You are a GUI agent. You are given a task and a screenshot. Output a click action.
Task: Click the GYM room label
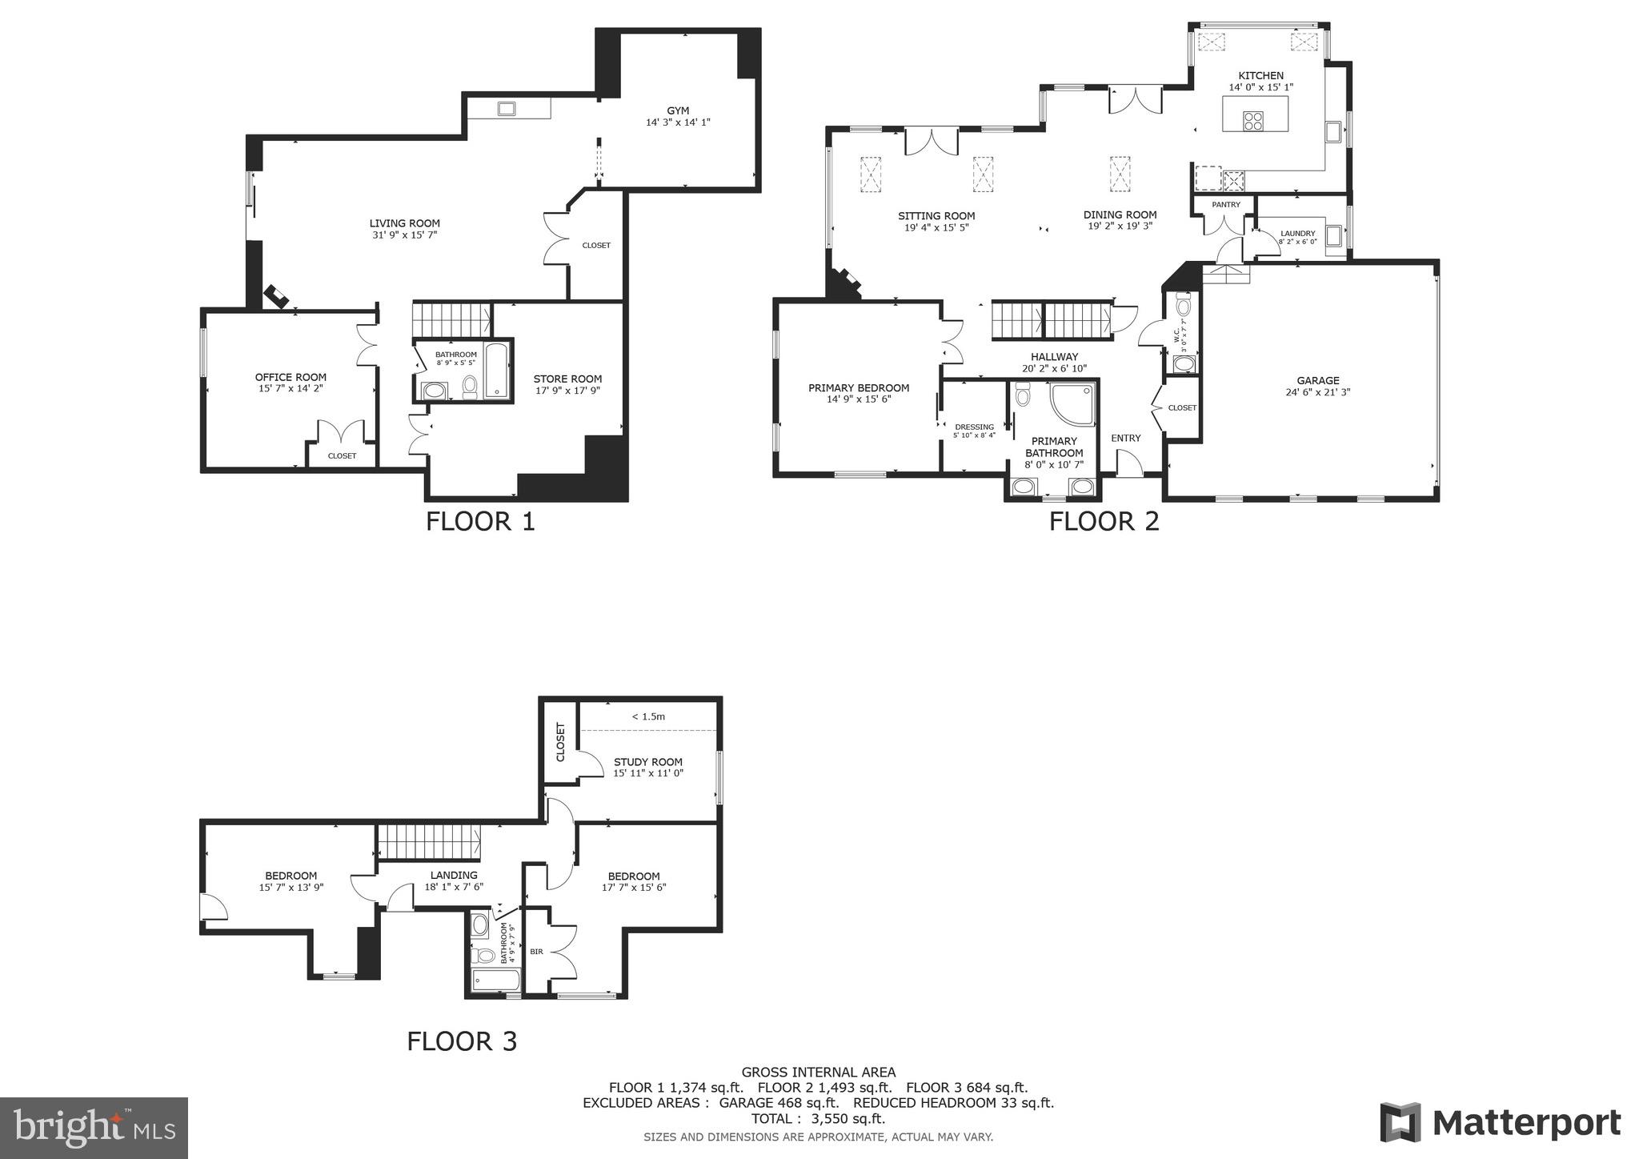point(678,110)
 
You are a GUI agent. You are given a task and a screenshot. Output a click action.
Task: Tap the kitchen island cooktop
point(1253,121)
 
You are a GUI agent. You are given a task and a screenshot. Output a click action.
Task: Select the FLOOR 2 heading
point(1104,522)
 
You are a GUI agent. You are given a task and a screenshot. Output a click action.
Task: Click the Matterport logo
point(1501,1123)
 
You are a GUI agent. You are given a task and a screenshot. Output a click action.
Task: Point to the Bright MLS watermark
point(94,1127)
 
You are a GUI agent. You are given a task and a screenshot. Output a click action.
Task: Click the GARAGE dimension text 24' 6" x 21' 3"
point(1317,392)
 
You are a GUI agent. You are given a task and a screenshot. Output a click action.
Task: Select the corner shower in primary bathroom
point(1072,404)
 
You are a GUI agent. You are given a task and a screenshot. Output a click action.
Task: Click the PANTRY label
point(1225,205)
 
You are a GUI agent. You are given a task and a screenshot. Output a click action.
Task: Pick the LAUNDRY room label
point(1297,234)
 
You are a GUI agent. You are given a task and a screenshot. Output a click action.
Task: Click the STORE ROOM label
point(567,379)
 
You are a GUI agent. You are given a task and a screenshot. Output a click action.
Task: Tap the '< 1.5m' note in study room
point(648,716)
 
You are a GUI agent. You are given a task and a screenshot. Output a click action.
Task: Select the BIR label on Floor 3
point(536,952)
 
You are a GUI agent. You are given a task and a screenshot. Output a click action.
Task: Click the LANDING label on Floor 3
point(454,875)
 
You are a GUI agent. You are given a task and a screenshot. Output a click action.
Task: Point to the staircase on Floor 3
point(428,843)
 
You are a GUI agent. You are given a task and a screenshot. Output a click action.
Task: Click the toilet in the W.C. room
point(1184,305)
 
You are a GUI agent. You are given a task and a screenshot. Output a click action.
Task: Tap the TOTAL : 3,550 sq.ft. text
point(818,1118)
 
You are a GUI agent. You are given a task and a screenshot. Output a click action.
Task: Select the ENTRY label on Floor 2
point(1125,438)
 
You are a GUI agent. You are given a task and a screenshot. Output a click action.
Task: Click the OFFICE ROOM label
point(291,377)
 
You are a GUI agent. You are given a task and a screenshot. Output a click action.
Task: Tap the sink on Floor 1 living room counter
point(507,108)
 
